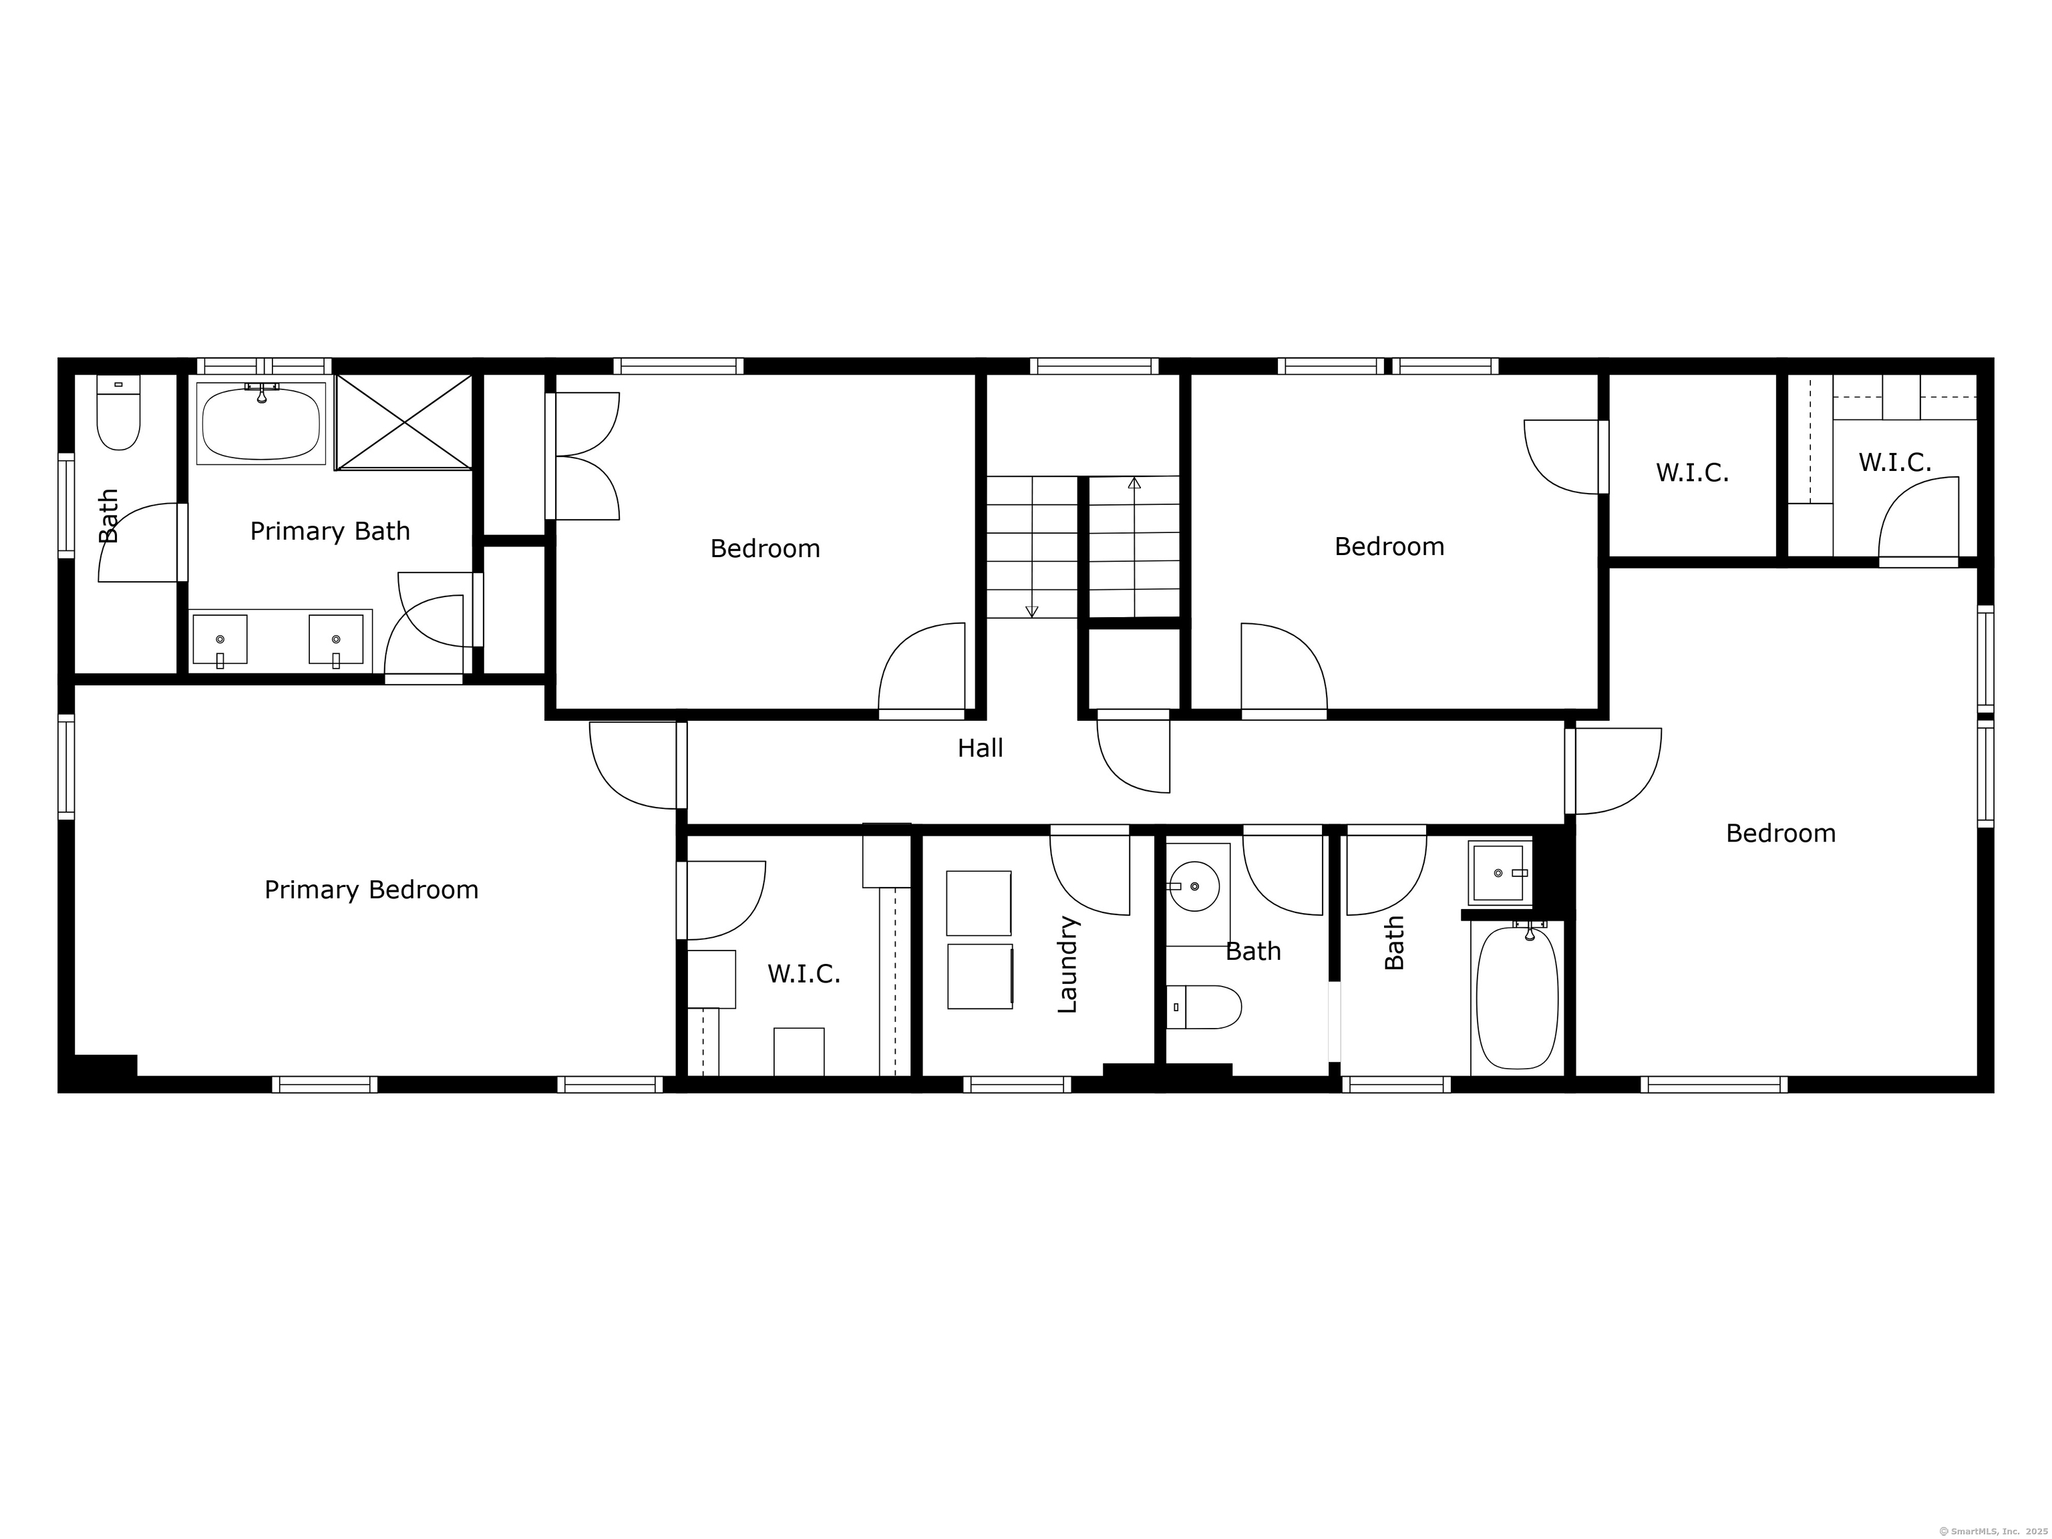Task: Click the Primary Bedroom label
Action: tap(371, 890)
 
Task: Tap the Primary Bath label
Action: tap(330, 532)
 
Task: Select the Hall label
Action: tap(981, 747)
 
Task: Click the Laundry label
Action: tap(1067, 964)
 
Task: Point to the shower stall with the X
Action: tap(405, 422)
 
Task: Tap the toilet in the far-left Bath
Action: tap(119, 413)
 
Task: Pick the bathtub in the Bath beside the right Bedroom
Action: tap(1517, 997)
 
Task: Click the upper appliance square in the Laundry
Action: tap(979, 902)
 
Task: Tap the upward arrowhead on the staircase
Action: tap(1134, 482)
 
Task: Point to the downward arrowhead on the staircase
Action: tap(1031, 611)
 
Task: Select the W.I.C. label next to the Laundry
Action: tap(804, 974)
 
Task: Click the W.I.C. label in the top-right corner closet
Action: tap(1894, 462)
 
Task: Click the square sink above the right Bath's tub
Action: tap(1498, 873)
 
